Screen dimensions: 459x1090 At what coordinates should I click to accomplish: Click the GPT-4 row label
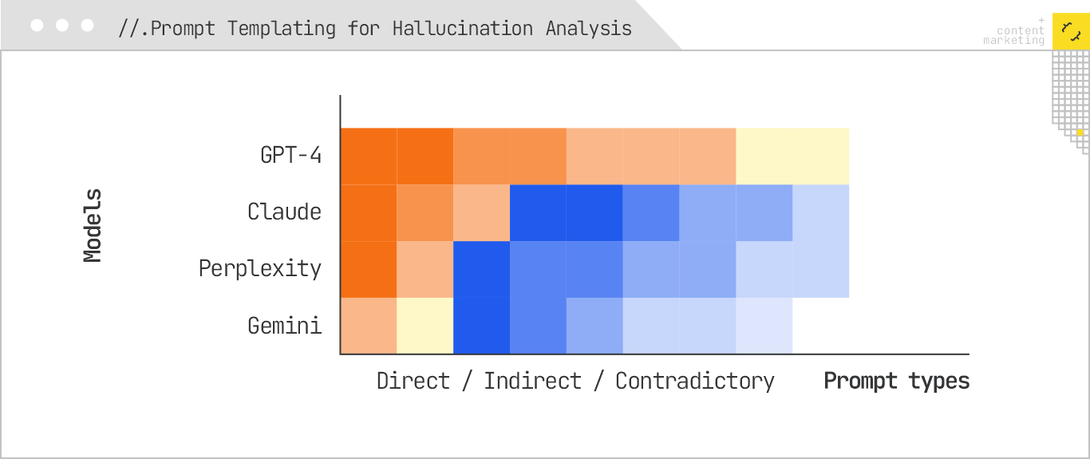click(x=291, y=155)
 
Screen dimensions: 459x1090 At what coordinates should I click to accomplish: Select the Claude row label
click(x=284, y=212)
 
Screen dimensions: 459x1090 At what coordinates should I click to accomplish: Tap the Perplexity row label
click(x=259, y=268)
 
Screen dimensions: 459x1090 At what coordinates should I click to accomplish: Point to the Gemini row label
click(x=284, y=326)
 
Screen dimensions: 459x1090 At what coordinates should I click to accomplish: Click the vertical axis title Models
click(x=93, y=226)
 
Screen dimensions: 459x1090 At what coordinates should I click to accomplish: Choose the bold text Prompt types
click(x=896, y=381)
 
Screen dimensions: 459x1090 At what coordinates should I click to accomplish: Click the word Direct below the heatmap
click(x=413, y=381)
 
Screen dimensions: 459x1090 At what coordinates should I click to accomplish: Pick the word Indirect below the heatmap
click(x=532, y=381)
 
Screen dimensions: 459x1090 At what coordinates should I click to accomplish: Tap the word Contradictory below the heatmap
click(x=694, y=381)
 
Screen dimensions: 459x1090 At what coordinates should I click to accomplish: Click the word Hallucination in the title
click(x=462, y=29)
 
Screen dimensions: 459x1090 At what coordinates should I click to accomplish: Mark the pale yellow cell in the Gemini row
click(x=425, y=326)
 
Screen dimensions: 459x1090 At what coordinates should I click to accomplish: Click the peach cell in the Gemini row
click(x=369, y=326)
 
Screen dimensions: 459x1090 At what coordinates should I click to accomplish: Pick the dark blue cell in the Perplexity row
click(x=481, y=269)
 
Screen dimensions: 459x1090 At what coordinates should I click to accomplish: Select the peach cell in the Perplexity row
click(x=425, y=269)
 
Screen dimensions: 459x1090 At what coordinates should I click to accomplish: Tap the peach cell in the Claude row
click(x=481, y=212)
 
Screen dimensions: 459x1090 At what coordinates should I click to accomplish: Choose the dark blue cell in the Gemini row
click(x=481, y=326)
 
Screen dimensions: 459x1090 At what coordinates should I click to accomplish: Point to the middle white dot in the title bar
click(x=62, y=26)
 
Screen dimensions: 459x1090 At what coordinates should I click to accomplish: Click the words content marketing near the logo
click(x=1014, y=36)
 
